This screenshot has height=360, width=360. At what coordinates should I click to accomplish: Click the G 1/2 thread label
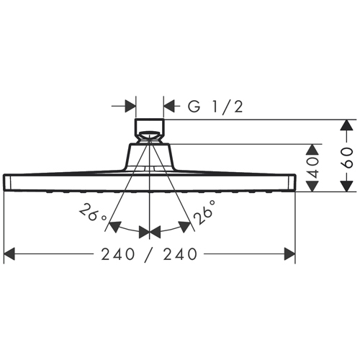coord(215,107)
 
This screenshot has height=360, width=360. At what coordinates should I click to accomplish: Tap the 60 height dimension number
coord(347,158)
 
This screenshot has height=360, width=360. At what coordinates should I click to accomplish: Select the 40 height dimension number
coord(312,168)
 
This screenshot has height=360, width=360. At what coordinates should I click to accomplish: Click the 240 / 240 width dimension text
coord(149,254)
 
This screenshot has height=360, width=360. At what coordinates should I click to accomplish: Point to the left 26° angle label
coord(93,212)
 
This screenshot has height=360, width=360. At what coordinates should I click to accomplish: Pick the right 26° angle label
coord(204,212)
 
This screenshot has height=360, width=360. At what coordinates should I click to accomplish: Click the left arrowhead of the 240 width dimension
coord(9,254)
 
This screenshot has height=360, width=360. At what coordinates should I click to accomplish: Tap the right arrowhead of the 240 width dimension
coord(289,254)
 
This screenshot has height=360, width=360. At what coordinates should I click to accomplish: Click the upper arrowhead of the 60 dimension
coord(347,125)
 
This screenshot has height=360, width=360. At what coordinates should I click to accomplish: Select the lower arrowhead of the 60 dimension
coord(347,186)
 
